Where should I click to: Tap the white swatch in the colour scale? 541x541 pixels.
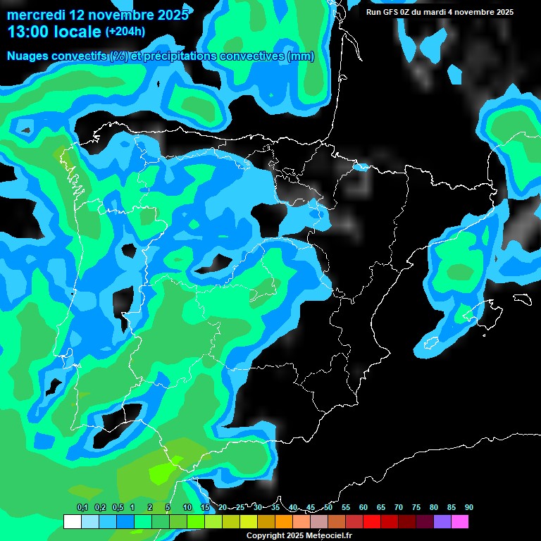point(73,522)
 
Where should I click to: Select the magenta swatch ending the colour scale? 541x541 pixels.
point(460,522)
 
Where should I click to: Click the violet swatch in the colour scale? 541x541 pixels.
point(442,522)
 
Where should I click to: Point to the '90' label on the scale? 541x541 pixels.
point(469,508)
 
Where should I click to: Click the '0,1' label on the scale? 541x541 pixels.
point(82,508)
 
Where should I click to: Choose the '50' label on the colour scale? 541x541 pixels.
point(328,508)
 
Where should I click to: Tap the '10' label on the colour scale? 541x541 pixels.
point(187,508)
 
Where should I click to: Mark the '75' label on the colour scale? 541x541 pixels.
point(416,508)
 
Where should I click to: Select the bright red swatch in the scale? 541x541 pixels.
point(372,522)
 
